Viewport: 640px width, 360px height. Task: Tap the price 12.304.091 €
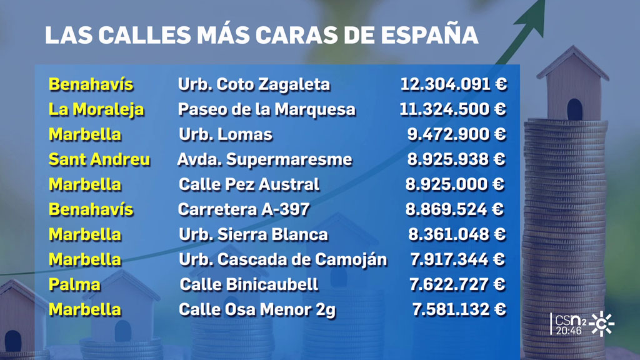click(x=453, y=84)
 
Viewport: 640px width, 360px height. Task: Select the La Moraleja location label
click(x=96, y=109)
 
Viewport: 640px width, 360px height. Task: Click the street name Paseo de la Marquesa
click(x=267, y=109)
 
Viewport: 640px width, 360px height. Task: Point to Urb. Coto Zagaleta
click(x=254, y=84)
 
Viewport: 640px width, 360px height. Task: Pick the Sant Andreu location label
click(x=99, y=159)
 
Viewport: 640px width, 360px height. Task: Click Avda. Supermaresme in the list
click(x=264, y=159)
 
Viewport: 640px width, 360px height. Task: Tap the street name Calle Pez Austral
click(x=249, y=184)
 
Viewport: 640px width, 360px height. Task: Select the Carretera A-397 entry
click(x=244, y=209)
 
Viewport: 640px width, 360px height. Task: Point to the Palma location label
click(x=74, y=284)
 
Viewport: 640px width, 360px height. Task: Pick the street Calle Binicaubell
click(x=249, y=284)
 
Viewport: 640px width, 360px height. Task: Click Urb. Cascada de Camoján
click(x=282, y=259)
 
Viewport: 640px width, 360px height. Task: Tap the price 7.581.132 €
click(x=458, y=309)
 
